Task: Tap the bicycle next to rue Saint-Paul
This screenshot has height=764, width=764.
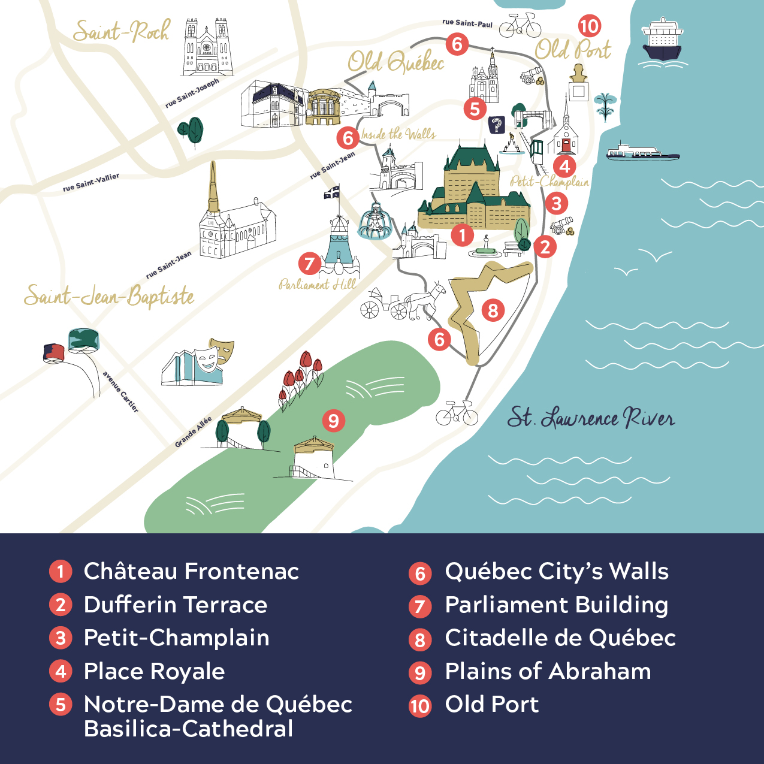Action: coord(520,25)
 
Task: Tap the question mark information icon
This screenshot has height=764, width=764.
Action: coord(496,125)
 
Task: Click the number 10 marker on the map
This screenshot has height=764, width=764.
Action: coord(589,26)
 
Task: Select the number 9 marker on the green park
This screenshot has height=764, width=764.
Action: coord(333,420)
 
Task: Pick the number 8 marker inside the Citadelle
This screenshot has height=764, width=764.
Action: coord(493,310)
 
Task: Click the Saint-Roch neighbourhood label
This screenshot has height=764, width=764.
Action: coord(121,31)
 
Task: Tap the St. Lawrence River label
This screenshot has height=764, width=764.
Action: coord(591,417)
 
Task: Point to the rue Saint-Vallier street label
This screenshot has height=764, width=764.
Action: coord(91,182)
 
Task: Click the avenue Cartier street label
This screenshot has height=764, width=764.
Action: coord(120,392)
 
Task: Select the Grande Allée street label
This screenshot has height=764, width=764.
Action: coord(193,432)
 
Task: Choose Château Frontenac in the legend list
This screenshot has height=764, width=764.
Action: coord(191,571)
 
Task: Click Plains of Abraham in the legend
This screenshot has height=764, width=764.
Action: coord(548,671)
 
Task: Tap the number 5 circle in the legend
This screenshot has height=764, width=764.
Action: coord(61,705)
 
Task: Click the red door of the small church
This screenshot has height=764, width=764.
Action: coord(566,145)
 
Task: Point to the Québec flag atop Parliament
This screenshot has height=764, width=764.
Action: coord(331,192)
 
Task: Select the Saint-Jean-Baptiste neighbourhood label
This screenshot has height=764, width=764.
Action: coord(109,296)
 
